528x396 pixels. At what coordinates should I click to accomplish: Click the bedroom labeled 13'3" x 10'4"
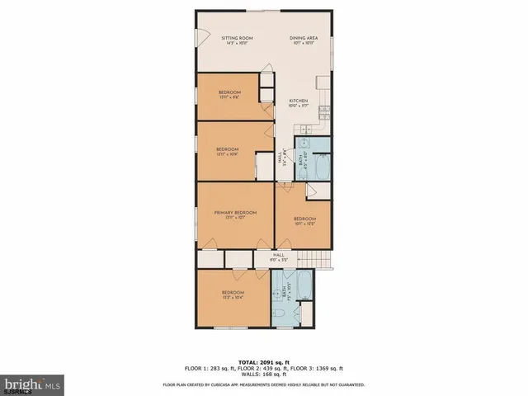tap(232, 295)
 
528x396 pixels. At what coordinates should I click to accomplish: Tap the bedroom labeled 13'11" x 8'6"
tap(229, 93)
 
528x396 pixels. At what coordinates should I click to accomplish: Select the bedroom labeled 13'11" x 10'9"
tap(227, 151)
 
